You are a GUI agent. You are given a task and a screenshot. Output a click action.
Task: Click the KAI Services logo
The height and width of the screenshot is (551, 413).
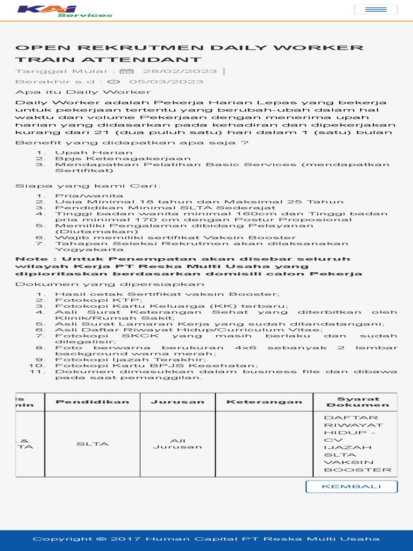(65, 11)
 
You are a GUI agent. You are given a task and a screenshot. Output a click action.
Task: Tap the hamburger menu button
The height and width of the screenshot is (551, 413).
(376, 10)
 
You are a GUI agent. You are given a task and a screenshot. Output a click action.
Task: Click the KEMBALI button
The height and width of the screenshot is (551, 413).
(351, 486)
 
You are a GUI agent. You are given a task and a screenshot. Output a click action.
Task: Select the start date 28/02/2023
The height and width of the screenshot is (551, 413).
(180, 71)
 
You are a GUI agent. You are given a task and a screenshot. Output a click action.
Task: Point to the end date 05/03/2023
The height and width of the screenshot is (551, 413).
(166, 82)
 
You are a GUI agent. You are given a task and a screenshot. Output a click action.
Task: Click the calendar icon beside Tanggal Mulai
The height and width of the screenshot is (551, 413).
(126, 71)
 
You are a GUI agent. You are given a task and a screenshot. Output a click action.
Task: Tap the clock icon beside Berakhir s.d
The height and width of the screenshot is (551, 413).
(113, 82)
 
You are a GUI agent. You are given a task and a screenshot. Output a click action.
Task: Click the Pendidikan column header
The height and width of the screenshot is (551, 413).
(92, 402)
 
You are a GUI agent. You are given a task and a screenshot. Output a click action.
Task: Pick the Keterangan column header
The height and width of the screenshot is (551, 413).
(264, 402)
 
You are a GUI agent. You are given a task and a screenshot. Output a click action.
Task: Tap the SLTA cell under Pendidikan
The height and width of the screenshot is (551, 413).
(92, 444)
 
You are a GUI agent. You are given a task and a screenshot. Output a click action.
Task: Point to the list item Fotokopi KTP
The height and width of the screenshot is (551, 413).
(98, 300)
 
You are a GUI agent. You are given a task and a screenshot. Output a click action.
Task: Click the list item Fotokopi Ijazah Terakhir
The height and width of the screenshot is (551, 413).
(130, 359)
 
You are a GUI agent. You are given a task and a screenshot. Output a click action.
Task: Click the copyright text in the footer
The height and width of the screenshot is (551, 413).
(206, 539)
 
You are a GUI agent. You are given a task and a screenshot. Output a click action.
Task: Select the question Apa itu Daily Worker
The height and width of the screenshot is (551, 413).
(75, 92)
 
